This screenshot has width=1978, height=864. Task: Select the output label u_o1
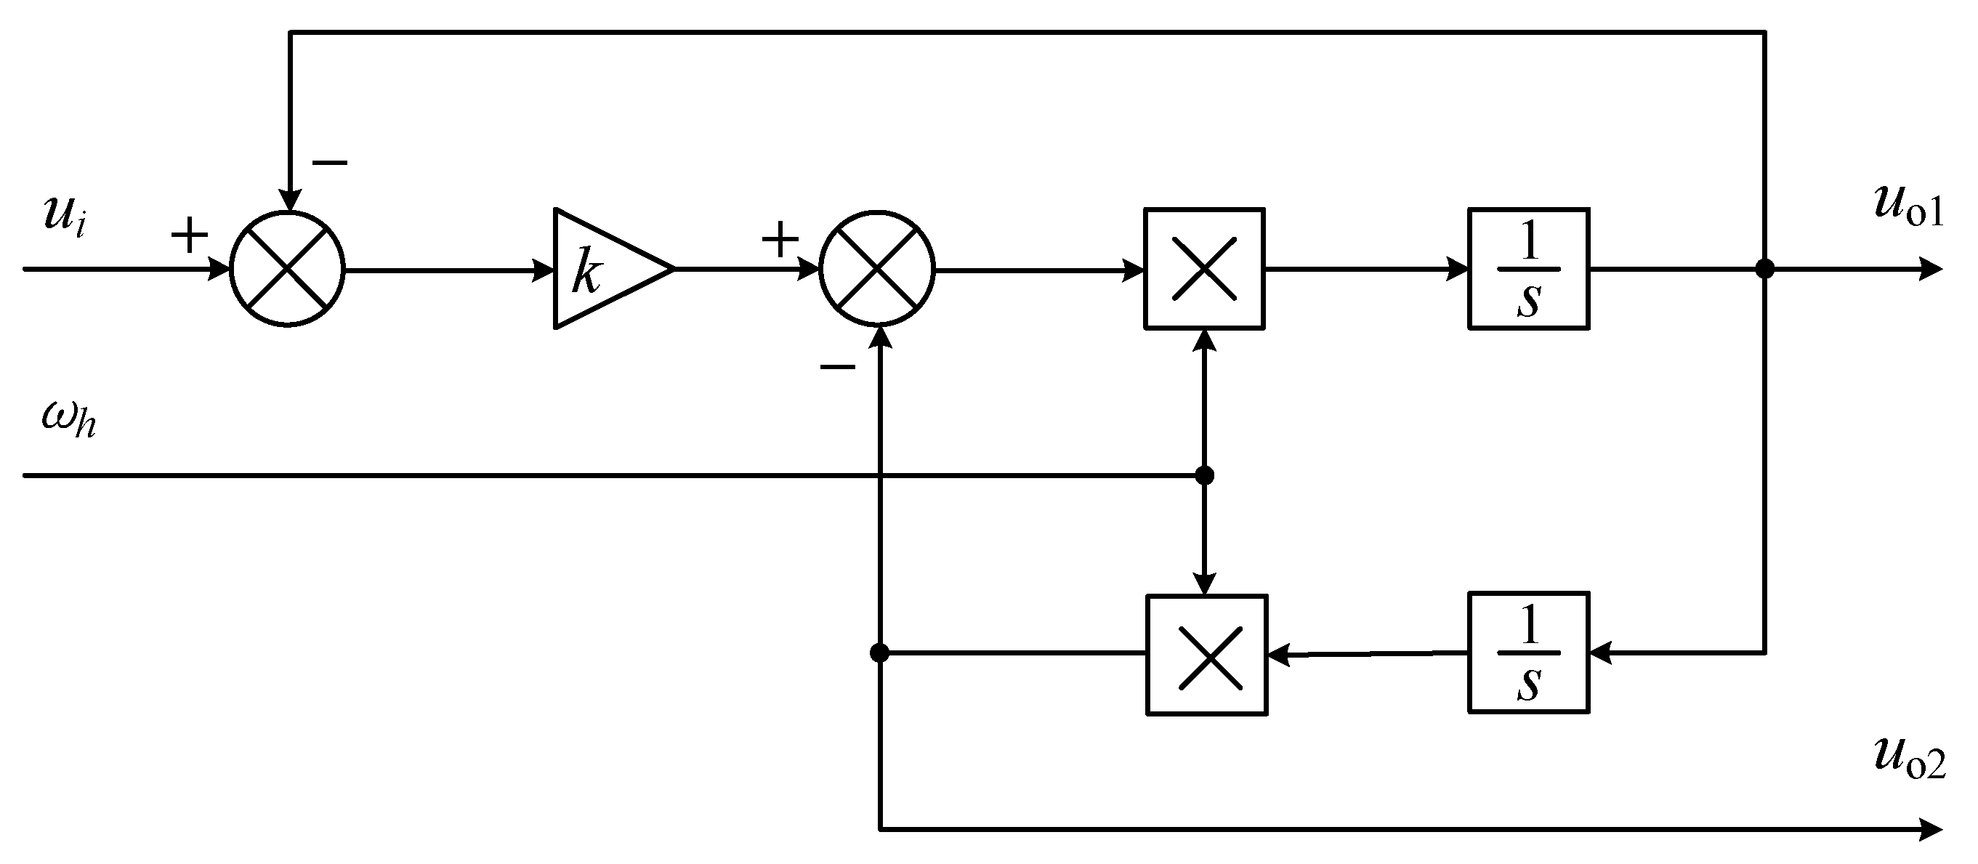(x=1909, y=207)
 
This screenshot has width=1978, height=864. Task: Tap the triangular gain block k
(x=602, y=269)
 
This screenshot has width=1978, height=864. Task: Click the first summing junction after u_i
(x=287, y=269)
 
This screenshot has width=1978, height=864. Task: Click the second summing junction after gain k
(x=877, y=269)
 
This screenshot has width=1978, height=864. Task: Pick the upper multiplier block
(x=1204, y=269)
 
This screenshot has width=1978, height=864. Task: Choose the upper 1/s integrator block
(x=1528, y=269)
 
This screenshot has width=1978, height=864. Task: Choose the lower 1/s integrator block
(x=1528, y=653)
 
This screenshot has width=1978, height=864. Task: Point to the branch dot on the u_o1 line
(x=1765, y=269)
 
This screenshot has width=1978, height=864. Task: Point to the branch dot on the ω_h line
(x=1205, y=475)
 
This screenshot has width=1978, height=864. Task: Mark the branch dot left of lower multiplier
(x=879, y=653)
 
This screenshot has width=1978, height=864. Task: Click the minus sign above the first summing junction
(x=329, y=162)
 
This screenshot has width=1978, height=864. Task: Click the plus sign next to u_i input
(x=189, y=235)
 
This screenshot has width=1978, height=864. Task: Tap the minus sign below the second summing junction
(x=837, y=367)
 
